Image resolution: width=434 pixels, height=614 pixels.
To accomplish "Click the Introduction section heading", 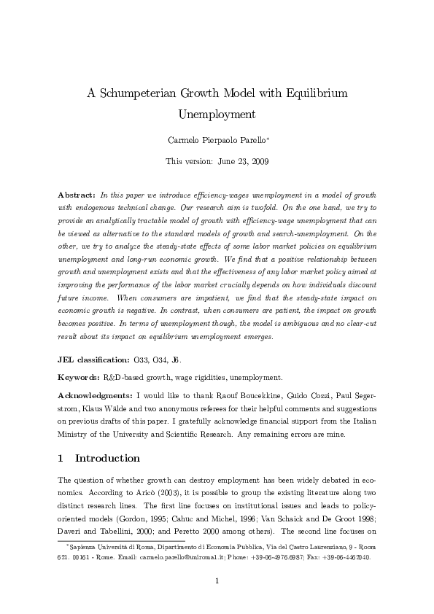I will click(107, 459).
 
